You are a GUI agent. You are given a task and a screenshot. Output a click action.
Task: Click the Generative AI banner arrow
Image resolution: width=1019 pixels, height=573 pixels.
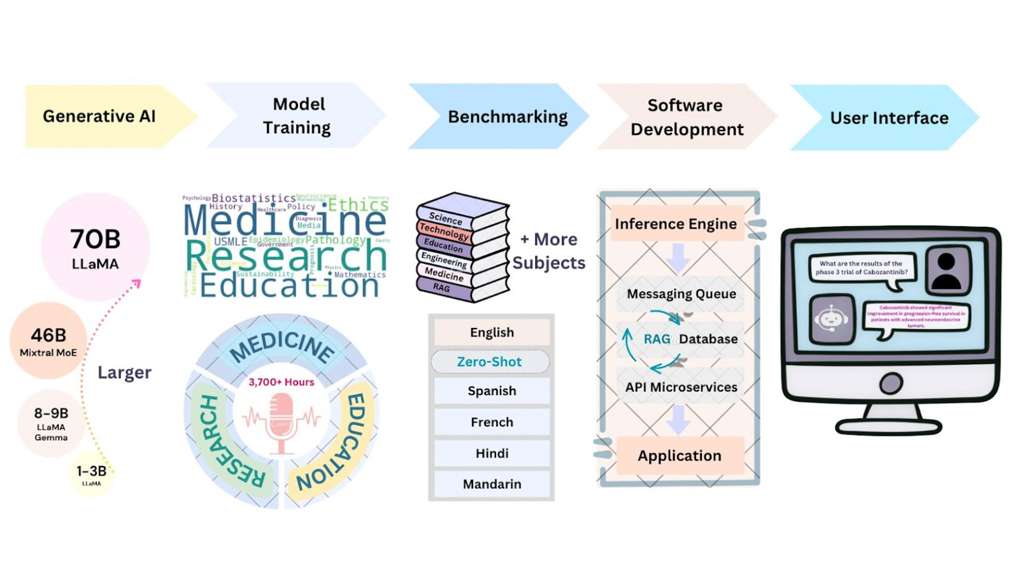102,117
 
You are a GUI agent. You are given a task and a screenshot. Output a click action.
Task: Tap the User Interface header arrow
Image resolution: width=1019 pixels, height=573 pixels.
885,118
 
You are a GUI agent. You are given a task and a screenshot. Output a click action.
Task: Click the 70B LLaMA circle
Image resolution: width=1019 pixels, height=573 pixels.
96,247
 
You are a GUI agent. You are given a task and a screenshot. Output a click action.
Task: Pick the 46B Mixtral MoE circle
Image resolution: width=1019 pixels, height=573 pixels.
48,341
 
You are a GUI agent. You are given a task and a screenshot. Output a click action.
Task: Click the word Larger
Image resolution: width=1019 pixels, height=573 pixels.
124,372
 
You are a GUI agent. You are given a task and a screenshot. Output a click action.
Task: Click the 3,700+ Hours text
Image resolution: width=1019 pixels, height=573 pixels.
281,382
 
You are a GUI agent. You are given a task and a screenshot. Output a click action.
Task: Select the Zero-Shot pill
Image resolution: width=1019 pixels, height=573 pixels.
490,362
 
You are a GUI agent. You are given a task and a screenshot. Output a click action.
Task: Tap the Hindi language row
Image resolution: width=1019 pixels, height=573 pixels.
492,453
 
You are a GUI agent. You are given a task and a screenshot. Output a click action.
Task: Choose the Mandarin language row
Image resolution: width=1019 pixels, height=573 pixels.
492,484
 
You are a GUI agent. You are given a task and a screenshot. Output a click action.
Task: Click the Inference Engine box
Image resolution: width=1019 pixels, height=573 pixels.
676,223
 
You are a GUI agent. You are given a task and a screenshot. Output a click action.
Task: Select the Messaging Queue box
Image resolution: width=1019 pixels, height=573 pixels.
681,294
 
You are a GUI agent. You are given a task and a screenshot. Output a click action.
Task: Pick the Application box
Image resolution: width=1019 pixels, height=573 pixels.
680,456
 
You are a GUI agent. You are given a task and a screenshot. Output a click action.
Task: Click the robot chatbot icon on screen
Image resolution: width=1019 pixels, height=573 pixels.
831,318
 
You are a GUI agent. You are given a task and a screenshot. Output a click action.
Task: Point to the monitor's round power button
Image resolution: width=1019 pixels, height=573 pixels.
890,383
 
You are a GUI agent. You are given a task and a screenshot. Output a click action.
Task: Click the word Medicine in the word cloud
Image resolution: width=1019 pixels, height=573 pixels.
285,220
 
